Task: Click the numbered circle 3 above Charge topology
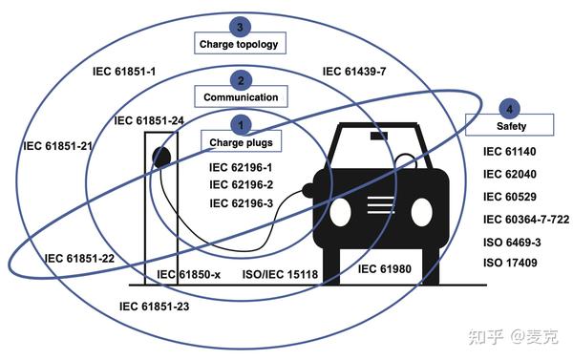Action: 243,26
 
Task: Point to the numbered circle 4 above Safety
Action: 511,108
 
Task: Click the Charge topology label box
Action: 242,44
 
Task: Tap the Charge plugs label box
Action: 241,143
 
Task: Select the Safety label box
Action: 510,126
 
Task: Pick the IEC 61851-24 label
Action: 149,121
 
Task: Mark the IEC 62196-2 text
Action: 241,184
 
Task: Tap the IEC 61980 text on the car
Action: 384,269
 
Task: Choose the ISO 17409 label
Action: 512,263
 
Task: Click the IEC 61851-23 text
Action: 154,307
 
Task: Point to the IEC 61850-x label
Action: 188,275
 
